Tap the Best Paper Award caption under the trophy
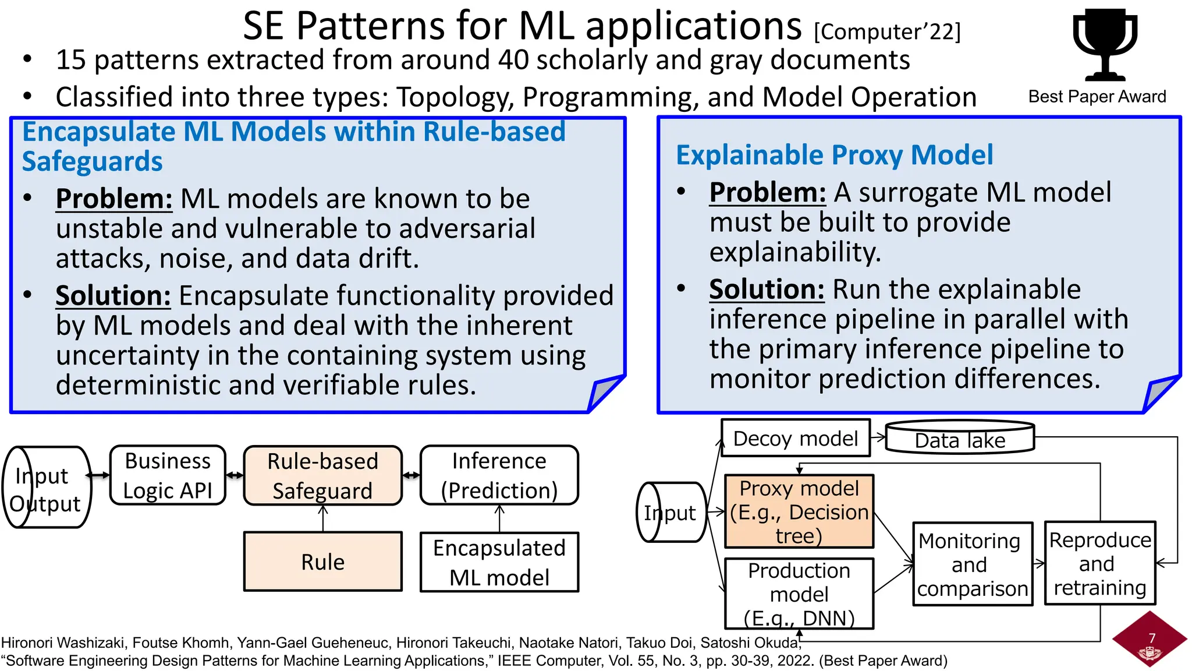1097,97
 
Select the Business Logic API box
168,475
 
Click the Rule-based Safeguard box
322,475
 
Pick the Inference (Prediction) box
499,475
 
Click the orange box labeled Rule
322,561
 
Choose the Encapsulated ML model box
499,562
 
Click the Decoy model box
795,438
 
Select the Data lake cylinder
960,439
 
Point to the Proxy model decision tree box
799,511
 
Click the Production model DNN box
799,594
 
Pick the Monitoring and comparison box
972,564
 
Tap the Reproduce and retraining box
1099,563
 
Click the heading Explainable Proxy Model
834,156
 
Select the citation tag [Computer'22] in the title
887,31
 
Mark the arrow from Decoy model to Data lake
878,437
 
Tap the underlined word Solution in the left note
113,295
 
